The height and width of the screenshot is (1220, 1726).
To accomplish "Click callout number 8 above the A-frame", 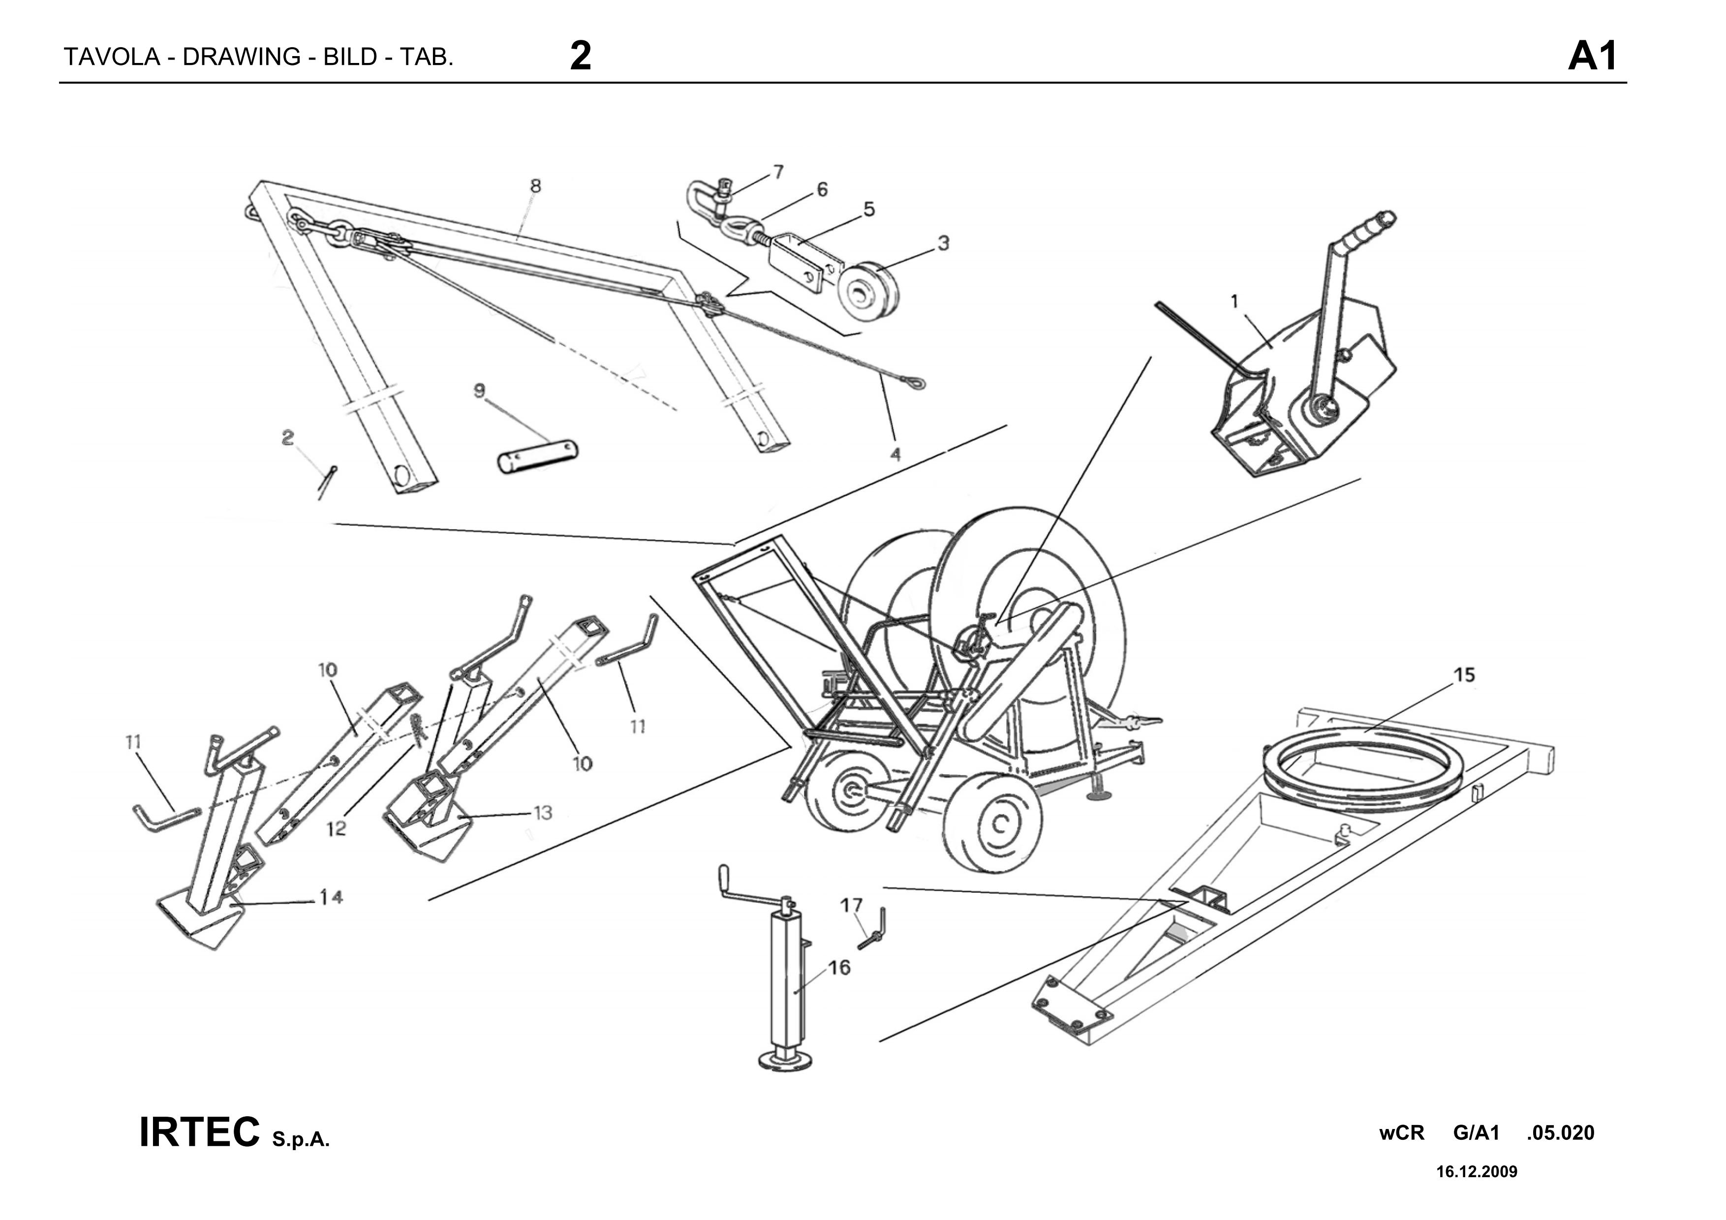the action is click(x=535, y=185).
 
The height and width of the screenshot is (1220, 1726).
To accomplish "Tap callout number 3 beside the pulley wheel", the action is click(x=943, y=243).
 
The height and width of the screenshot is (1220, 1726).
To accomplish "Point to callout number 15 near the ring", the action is click(x=1464, y=675).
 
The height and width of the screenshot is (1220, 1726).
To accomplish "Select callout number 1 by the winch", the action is click(x=1234, y=302).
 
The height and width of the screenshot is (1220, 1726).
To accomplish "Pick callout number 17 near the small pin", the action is click(x=851, y=905).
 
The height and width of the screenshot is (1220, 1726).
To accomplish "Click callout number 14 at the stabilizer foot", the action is click(x=332, y=897).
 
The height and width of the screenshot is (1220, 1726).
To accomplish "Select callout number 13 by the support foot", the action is click(x=543, y=813).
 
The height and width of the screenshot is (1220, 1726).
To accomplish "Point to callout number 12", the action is click(x=337, y=828).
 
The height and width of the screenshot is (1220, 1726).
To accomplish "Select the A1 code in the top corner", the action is click(x=1592, y=57).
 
